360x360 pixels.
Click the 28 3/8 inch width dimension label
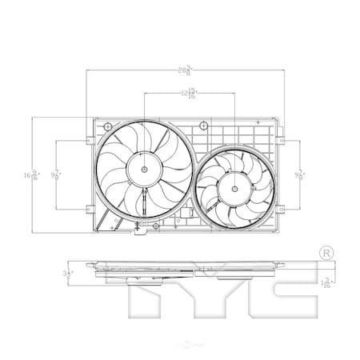[185, 70]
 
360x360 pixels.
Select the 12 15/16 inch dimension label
[188, 94]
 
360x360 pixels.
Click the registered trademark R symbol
[326, 253]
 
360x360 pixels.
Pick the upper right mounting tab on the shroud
[282, 142]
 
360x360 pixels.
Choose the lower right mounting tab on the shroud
[282, 210]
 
